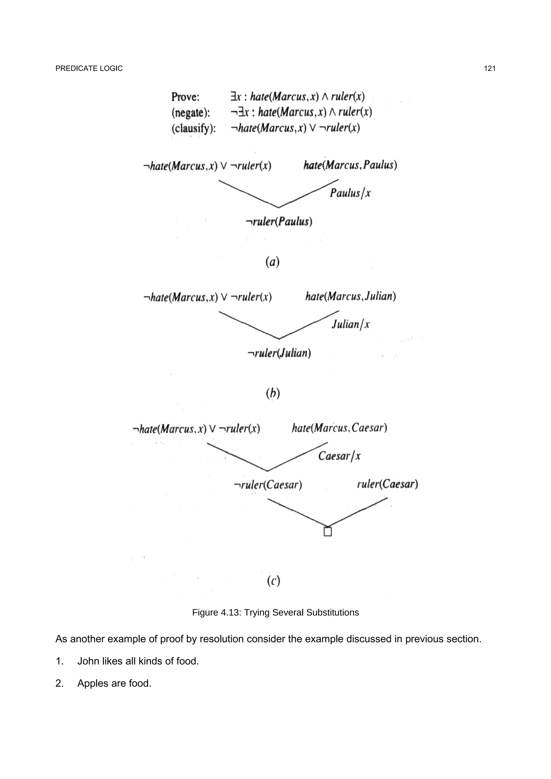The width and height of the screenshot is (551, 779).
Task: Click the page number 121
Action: point(490,69)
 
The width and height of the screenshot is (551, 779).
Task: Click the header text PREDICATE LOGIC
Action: point(89,69)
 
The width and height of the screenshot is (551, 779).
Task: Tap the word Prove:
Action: point(185,97)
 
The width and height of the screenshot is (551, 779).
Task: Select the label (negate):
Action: point(191,112)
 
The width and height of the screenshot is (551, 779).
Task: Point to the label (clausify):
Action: point(193,128)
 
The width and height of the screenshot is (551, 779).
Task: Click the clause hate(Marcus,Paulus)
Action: point(350,165)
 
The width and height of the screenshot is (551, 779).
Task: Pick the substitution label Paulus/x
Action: point(350,193)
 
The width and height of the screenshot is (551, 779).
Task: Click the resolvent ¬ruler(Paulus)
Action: point(279,221)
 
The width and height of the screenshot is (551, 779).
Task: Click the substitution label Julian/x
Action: point(350,324)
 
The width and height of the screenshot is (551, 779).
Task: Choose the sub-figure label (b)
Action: point(273,393)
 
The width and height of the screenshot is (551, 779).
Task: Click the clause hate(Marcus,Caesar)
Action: point(340,428)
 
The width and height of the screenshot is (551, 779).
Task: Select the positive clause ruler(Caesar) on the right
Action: point(387,484)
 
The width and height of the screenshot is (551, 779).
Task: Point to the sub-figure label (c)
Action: point(273,581)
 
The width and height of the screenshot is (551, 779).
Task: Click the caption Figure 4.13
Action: point(275,612)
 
